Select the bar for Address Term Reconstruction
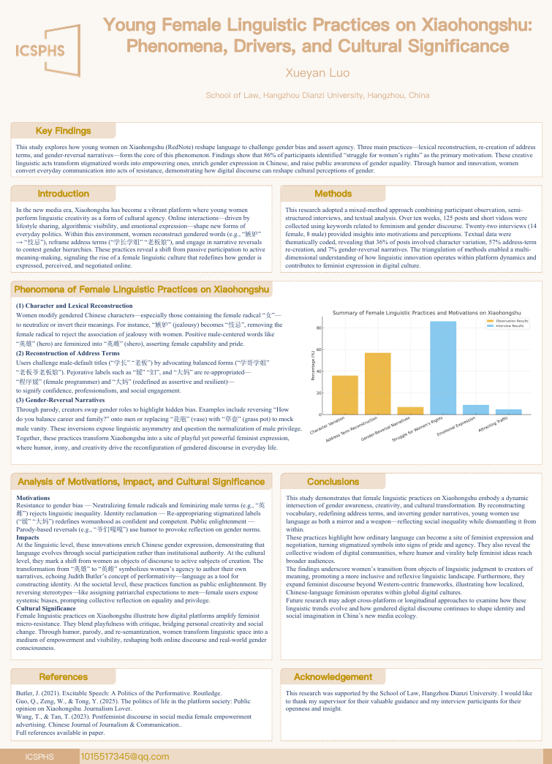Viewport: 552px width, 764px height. [x=377, y=384]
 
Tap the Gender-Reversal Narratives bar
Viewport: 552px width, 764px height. [x=410, y=410]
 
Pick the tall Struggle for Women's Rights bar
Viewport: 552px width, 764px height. [x=443, y=368]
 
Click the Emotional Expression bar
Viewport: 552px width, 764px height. [x=476, y=409]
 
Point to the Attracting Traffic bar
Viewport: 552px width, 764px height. [x=509, y=412]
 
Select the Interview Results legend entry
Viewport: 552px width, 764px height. [x=510, y=326]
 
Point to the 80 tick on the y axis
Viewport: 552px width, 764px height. [x=319, y=328]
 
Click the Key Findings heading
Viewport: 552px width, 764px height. [x=63, y=131]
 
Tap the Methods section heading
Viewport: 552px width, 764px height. [x=333, y=194]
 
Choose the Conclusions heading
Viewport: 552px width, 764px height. [x=333, y=482]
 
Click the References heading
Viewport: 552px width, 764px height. [x=63, y=677]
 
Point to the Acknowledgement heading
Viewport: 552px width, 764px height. [x=333, y=677]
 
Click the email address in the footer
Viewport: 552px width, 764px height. [x=115, y=756]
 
